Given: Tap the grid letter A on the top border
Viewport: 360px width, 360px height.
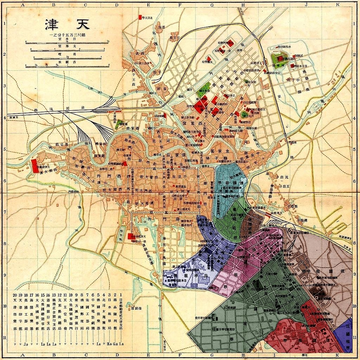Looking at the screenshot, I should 23,5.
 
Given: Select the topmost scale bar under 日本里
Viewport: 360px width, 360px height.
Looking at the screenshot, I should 67,44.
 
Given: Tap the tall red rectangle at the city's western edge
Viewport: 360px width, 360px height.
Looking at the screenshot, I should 34,166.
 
